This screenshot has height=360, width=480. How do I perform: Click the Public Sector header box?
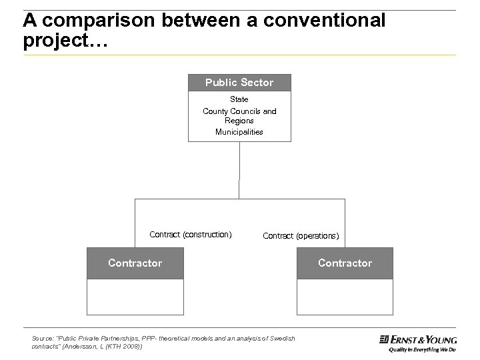239,83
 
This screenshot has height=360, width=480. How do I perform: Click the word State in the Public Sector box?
239,99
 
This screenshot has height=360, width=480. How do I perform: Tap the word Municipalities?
239,132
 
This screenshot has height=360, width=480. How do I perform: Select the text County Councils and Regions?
239,116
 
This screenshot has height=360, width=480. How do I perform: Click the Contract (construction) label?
191,235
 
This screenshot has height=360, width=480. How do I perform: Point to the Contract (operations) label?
301,236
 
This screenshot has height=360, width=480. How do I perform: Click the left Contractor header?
135,263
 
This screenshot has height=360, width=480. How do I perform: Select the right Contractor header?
345,263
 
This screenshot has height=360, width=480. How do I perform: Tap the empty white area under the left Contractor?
135,297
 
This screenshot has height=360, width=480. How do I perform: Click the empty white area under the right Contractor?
345,297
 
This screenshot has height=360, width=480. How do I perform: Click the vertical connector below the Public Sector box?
239,170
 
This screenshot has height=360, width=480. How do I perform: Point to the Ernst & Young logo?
418,339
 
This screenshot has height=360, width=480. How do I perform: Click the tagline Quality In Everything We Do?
422,349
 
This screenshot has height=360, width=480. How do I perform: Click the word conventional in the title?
324,21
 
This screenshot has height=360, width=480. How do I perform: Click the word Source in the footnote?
41,339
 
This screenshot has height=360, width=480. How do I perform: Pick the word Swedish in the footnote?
283,339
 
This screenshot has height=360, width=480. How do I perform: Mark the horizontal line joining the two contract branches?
239,199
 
